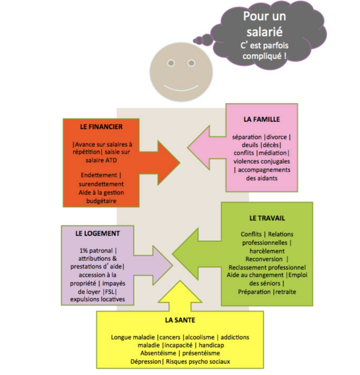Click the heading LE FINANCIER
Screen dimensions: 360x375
101,127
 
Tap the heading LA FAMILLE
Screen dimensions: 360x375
262,120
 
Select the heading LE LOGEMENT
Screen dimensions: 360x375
97,233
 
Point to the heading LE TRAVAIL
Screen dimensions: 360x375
267,218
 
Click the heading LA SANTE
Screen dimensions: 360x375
180,320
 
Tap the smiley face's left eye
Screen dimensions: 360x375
171,63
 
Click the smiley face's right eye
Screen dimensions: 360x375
191,63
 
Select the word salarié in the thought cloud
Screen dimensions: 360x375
264,32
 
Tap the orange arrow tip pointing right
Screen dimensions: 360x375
180,163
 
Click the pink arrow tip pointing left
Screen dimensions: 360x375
188,148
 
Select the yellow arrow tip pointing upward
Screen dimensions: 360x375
180,281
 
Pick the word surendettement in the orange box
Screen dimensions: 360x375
101,184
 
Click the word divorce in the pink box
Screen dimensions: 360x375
276,137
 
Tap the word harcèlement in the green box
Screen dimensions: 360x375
267,251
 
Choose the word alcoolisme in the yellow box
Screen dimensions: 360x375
200,337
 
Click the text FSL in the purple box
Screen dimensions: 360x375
110,292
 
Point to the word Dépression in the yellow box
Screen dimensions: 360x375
146,361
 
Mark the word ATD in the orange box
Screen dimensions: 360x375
111,160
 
